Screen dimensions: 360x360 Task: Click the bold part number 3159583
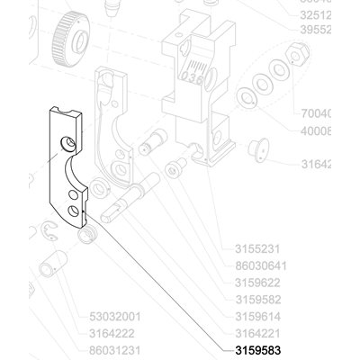(x=259, y=350)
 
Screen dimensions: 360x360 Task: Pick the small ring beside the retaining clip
(x=85, y=236)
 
